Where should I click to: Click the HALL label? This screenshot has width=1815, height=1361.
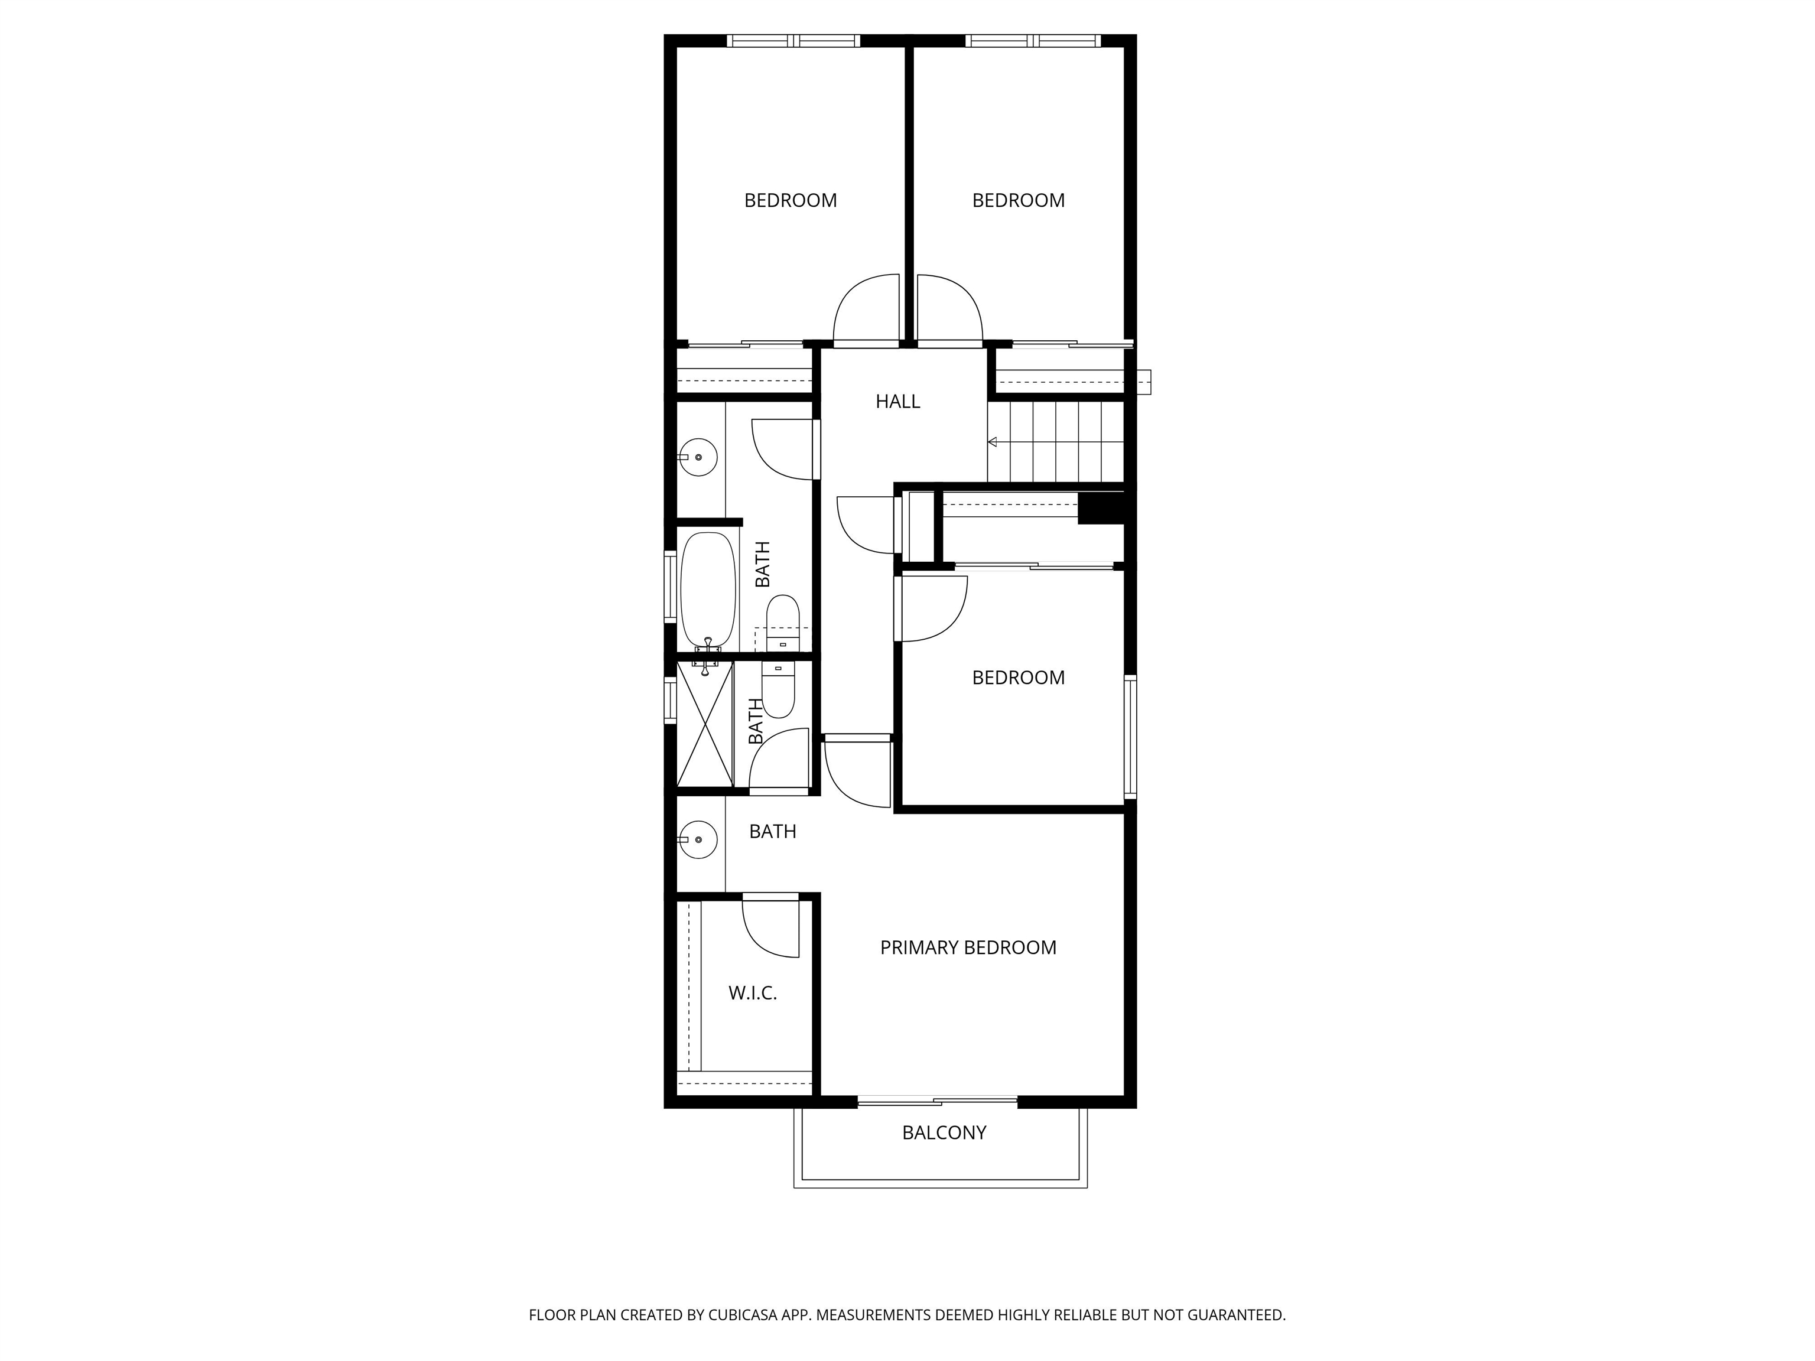[x=897, y=401]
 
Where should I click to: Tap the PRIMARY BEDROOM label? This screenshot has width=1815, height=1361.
[x=968, y=948]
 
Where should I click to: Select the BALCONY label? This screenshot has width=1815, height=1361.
[x=944, y=1133]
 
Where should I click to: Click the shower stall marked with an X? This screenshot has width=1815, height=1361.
[x=704, y=724]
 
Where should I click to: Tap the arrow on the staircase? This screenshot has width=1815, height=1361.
[x=993, y=442]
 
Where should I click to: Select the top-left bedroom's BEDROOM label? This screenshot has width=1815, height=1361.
[x=790, y=200]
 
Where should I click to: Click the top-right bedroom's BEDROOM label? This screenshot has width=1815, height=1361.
[x=1018, y=200]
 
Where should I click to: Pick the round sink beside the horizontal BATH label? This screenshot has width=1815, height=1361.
[x=699, y=840]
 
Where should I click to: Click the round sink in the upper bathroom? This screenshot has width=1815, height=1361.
[x=699, y=457]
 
